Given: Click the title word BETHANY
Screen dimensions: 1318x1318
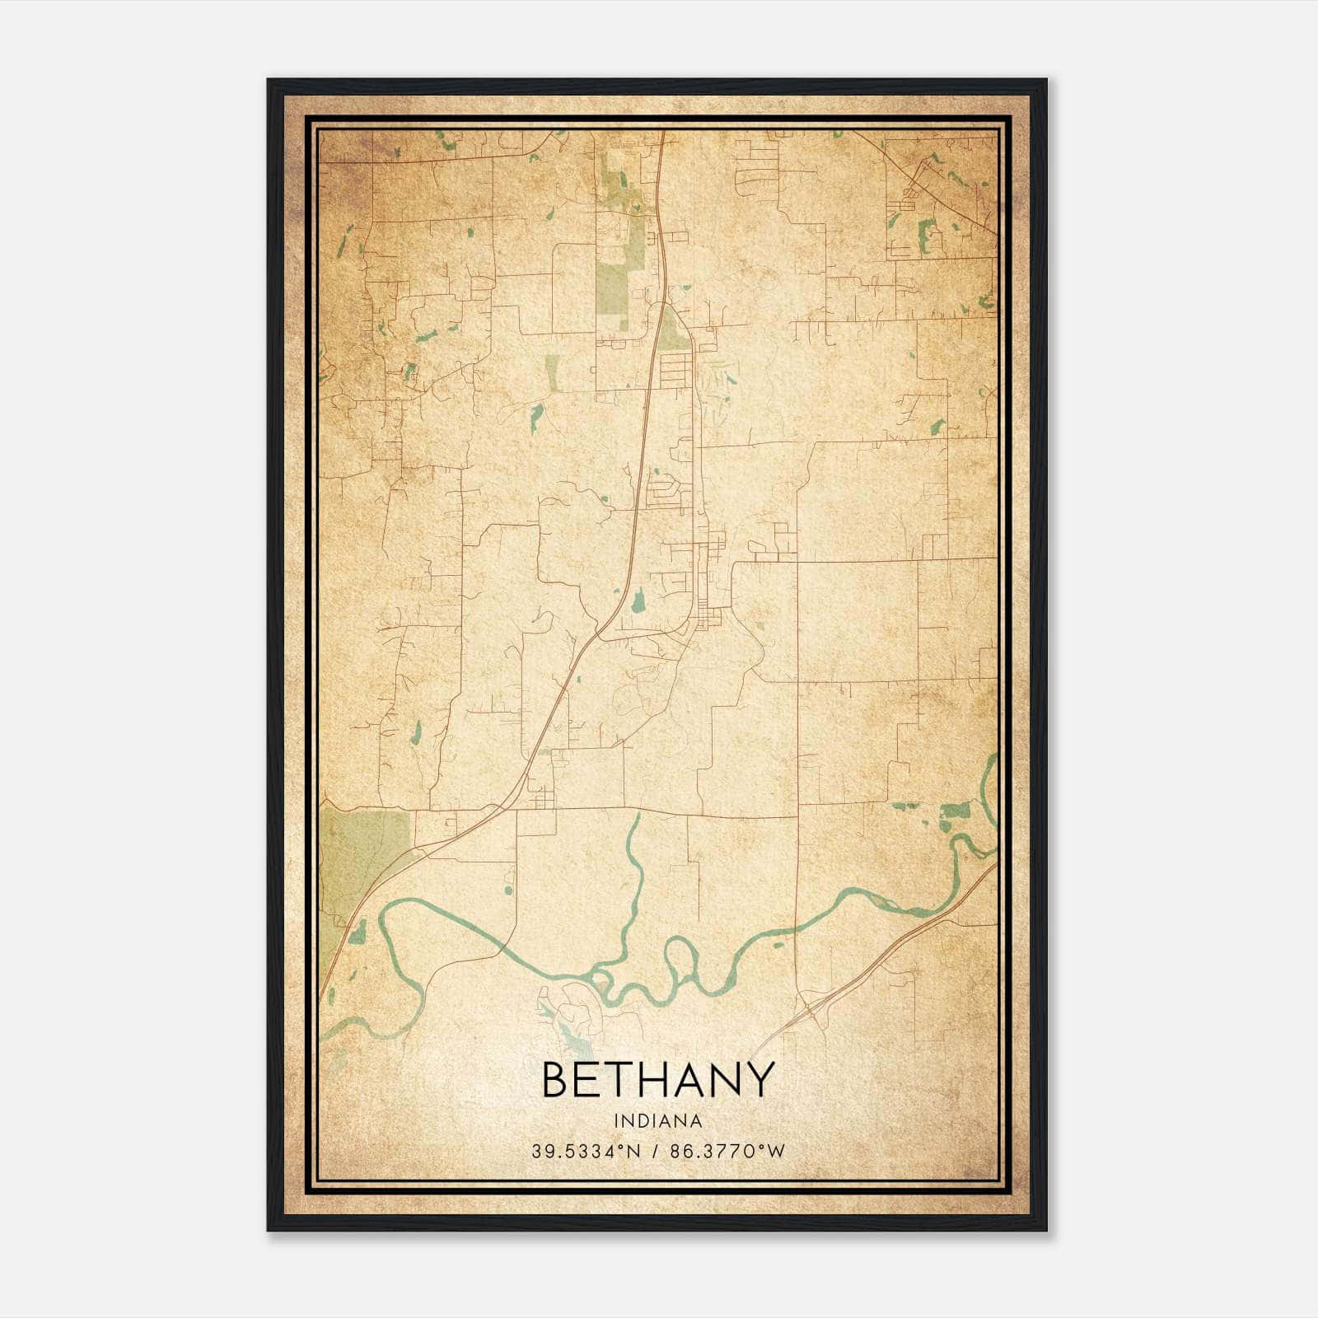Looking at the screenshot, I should coord(658,1079).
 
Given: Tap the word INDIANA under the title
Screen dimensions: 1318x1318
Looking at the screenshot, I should coord(658,1121).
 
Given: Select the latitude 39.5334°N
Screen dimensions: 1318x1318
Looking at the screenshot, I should coord(586,1152).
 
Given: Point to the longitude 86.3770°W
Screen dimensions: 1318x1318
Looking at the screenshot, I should coord(728,1152).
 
